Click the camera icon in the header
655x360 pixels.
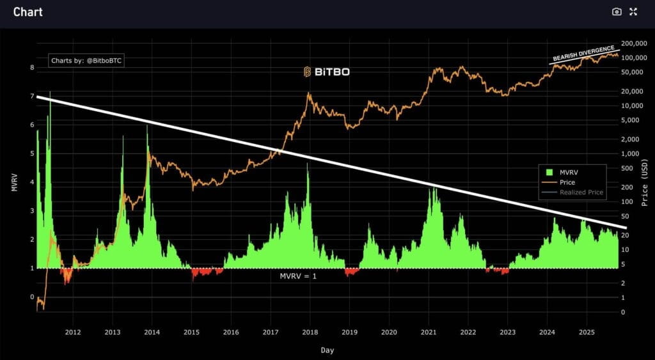pos(617,12)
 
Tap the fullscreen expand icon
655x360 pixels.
pos(633,12)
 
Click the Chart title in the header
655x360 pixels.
pos(28,12)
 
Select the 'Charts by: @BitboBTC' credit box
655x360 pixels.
pos(90,61)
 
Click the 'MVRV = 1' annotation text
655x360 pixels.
pos(298,276)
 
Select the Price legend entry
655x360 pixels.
pos(567,182)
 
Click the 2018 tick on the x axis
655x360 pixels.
pos(310,332)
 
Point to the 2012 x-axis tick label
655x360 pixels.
pos(72,332)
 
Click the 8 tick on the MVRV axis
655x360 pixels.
pos(31,67)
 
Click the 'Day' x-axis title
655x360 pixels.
pos(327,350)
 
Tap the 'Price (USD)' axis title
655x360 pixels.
pos(645,182)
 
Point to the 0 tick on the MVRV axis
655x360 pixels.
pos(31,297)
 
